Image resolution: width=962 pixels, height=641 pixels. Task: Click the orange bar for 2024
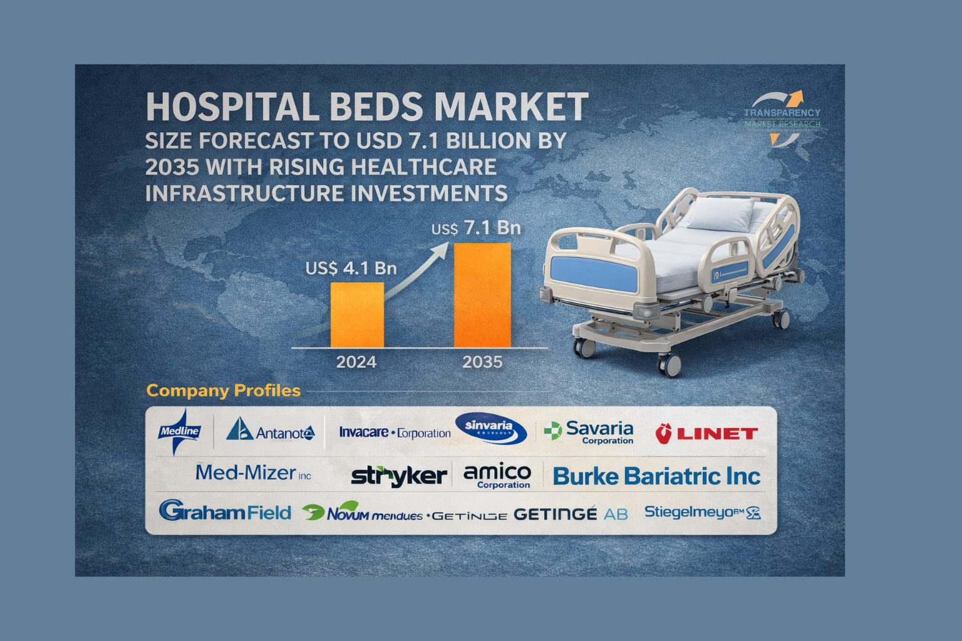357,315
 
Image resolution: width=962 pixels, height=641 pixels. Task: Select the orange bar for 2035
482,295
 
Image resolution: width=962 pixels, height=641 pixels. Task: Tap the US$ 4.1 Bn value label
351,269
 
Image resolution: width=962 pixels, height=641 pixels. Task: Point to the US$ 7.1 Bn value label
476,228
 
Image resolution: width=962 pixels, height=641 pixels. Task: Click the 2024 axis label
356,362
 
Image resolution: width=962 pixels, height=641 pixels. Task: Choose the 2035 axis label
482,362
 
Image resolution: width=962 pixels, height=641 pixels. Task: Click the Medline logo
180,431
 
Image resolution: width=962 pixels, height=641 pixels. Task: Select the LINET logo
706,433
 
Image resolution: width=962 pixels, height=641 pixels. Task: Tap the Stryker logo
399,476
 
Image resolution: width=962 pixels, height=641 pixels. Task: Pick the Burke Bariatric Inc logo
656,477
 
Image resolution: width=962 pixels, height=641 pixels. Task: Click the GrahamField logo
225,512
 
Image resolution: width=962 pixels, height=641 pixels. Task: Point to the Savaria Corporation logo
589,431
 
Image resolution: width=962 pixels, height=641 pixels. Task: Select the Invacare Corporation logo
395,433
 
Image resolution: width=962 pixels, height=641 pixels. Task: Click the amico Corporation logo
497,476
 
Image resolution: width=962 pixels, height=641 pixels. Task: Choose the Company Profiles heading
224,391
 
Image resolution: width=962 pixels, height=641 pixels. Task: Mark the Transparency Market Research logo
782,118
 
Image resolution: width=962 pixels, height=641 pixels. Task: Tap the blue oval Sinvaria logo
490,428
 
